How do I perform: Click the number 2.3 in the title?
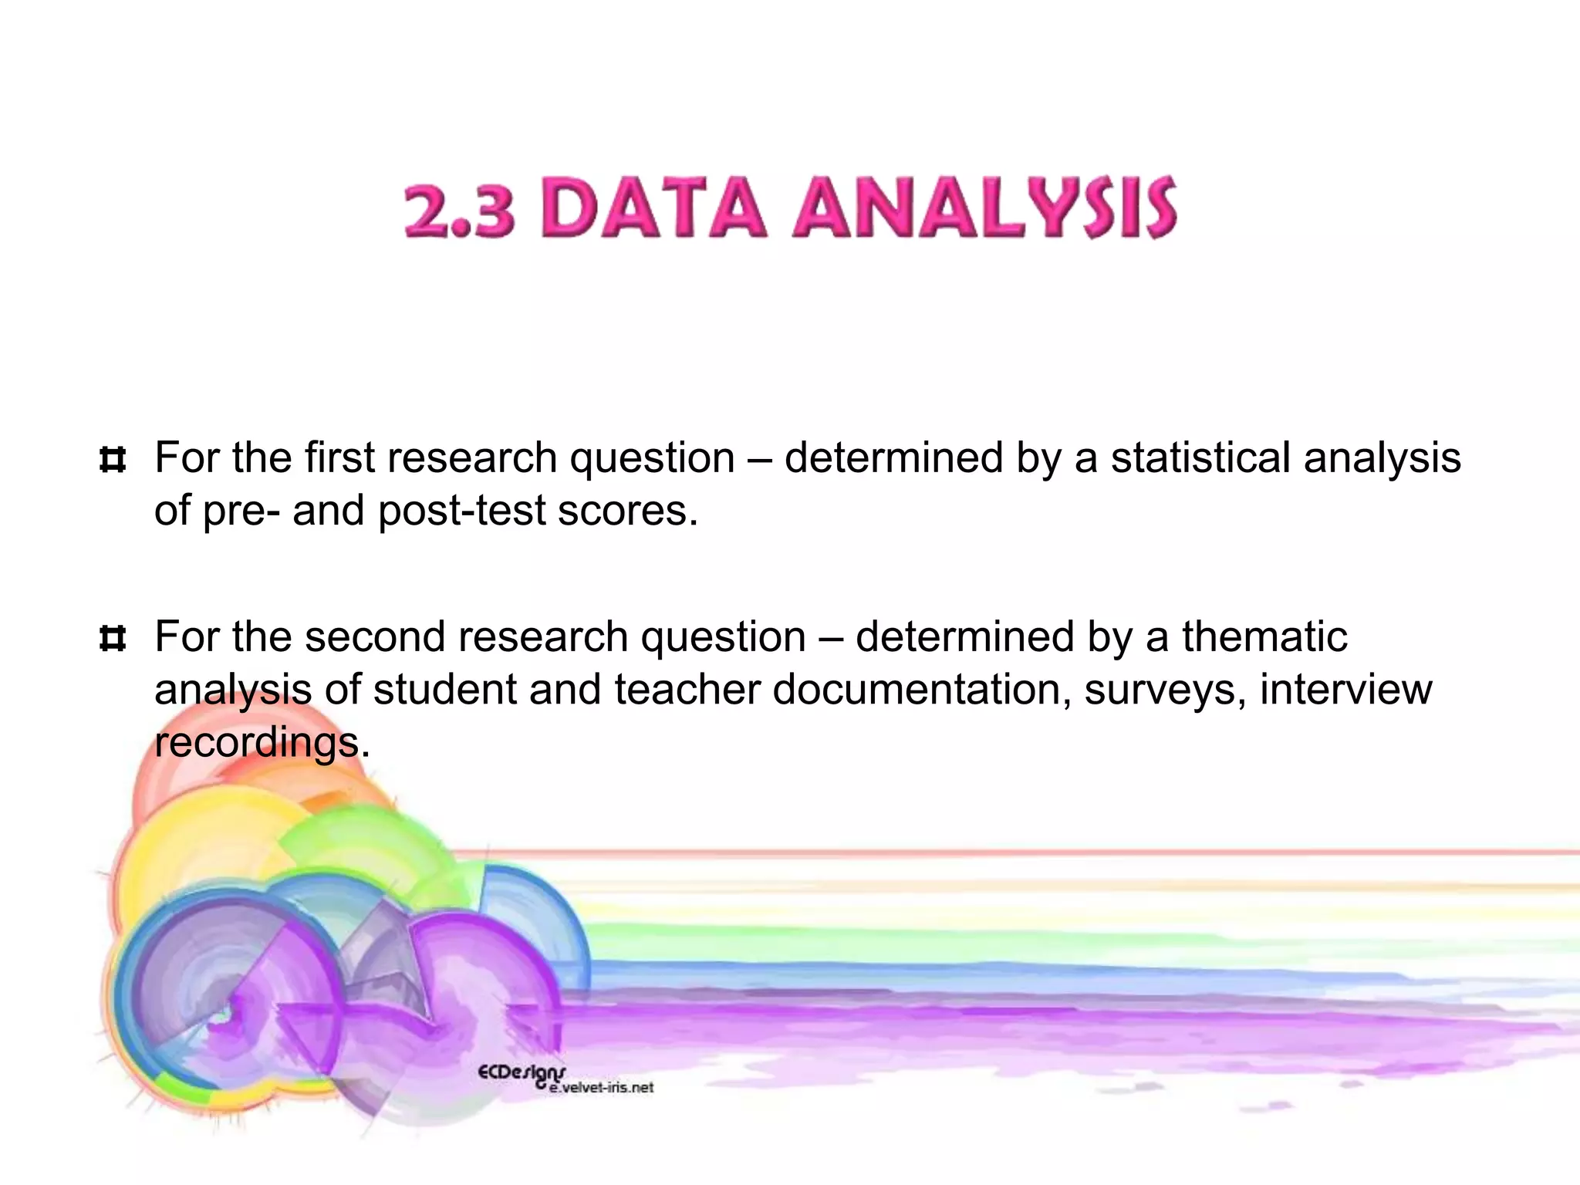pos(459,210)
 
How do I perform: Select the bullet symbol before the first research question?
pos(113,461)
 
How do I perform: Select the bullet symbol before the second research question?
pos(113,639)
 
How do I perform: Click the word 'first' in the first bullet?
pos(339,457)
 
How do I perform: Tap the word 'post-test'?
pos(461,511)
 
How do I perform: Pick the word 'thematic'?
pos(1264,636)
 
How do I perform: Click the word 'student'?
pos(444,689)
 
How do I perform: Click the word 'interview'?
pos(1346,689)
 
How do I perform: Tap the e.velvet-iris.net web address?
pos(602,1088)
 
